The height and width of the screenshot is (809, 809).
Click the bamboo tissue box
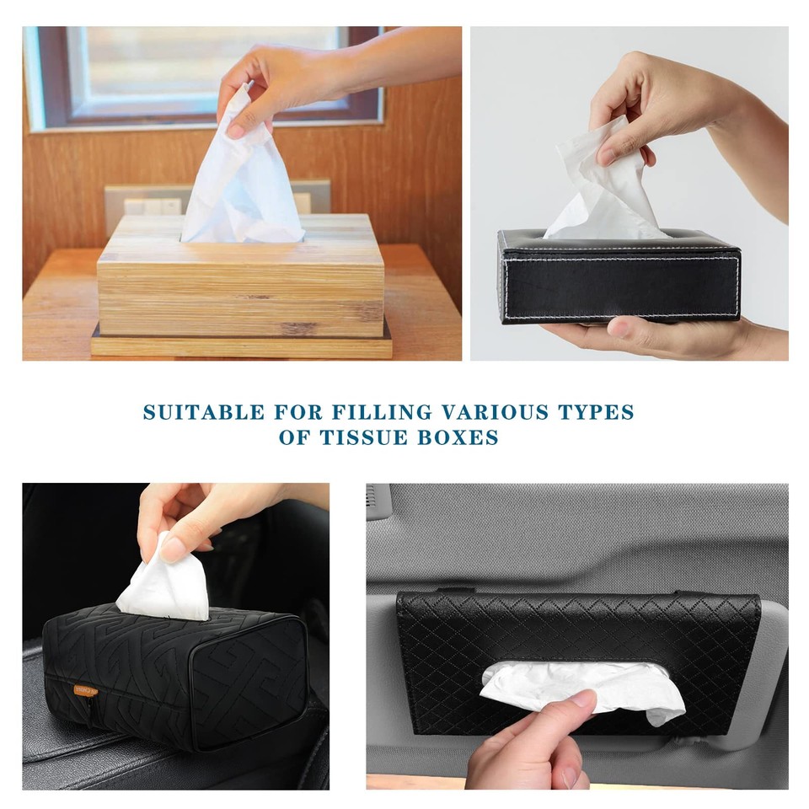pyautogui.click(x=240, y=287)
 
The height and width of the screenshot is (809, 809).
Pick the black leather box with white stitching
pyautogui.click(x=619, y=282)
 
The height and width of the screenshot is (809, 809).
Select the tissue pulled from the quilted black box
pyautogui.click(x=164, y=581)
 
